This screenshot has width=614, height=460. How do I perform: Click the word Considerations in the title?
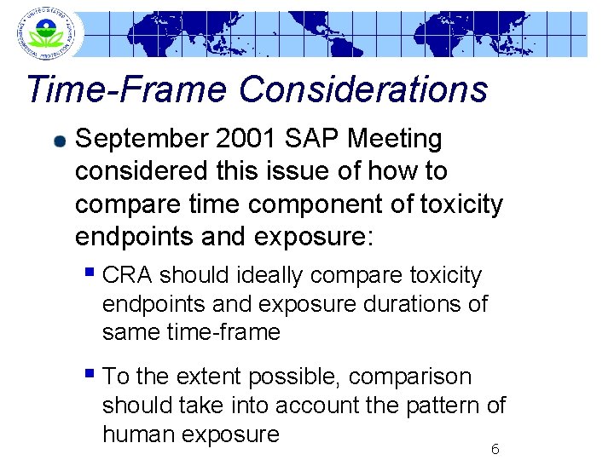363,89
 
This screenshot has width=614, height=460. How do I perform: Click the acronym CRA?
127,276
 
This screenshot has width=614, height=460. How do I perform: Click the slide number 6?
495,448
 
